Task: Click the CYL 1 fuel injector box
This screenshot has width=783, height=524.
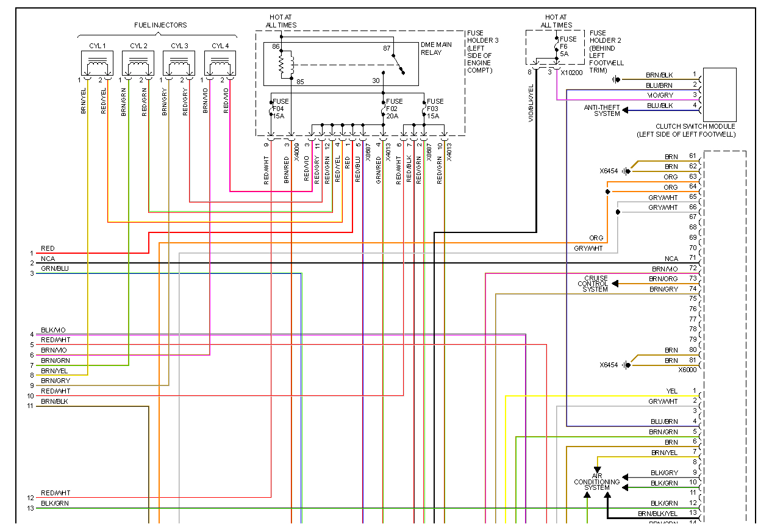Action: coord(98,63)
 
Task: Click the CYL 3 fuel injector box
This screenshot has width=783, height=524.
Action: coord(179,63)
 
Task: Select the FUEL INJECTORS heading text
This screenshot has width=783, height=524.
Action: coord(160,25)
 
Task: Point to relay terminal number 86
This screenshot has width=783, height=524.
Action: coord(275,47)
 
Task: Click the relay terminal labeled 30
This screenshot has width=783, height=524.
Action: coord(376,81)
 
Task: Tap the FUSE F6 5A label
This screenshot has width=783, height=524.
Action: coord(568,46)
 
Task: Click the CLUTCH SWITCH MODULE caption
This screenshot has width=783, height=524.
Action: coord(686,130)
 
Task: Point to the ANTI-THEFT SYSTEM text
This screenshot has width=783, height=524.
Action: coord(602,110)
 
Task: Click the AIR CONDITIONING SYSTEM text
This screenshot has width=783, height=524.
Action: coord(596,481)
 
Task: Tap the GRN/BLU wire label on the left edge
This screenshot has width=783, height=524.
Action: coord(54,268)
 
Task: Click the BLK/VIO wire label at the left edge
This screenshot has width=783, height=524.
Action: coord(53,330)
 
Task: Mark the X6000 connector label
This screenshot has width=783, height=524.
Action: coord(687,370)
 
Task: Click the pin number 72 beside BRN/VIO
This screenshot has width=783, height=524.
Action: coord(692,268)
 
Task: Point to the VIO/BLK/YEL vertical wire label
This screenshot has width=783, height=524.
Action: coord(531,104)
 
